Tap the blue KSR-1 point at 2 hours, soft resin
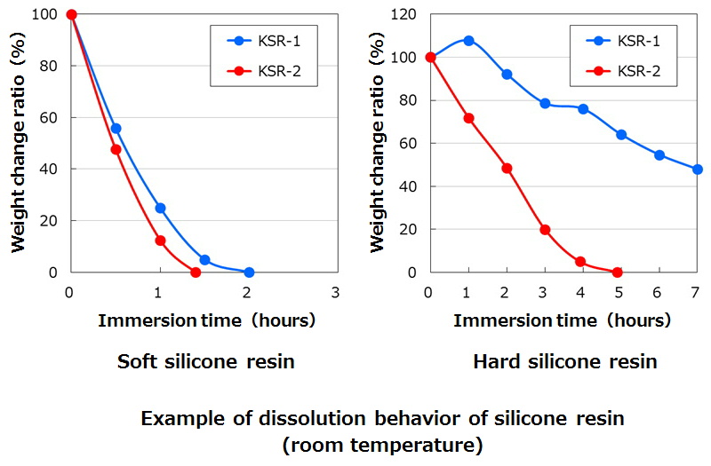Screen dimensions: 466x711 point(249,272)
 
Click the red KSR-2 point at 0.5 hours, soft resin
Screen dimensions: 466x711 point(116,149)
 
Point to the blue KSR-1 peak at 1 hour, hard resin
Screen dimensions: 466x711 point(468,41)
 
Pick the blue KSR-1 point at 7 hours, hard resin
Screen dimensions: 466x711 point(697,169)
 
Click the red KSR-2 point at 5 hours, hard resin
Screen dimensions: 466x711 point(618,272)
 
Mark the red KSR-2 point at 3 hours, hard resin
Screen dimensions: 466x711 point(545,230)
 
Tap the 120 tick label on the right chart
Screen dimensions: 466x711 point(405,15)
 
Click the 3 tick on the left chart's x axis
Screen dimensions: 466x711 point(335,292)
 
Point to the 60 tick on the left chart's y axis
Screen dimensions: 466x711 point(52,117)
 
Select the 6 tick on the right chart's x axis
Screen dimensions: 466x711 point(659,292)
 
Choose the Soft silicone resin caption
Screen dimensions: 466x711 point(205,361)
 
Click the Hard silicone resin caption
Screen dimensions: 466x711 point(564,361)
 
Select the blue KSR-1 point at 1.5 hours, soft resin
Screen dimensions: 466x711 point(204,260)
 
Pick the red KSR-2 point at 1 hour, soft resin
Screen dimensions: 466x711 point(160,241)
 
